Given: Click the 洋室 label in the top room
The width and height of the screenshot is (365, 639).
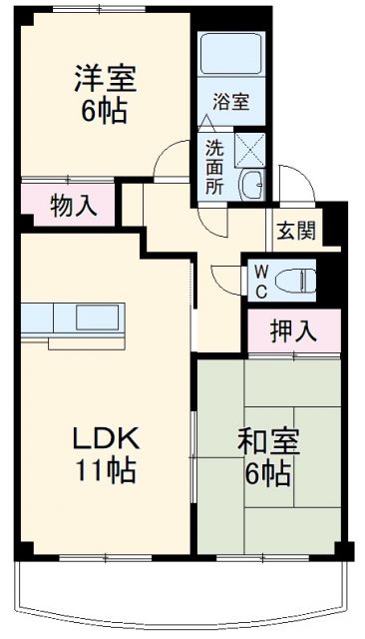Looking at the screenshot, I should click(103, 77).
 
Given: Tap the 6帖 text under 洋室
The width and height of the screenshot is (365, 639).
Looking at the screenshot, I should click(103, 111).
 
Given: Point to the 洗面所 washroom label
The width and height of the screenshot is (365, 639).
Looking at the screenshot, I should click(214, 166).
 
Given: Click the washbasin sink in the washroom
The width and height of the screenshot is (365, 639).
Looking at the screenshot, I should click(253, 184).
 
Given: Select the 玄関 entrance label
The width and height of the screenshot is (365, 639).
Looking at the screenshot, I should click(296, 232).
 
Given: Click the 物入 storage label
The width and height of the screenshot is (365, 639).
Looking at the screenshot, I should click(72, 207).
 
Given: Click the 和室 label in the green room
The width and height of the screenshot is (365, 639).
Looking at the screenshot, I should click(269, 440).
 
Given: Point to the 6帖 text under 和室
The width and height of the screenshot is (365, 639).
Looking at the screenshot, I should click(269, 472).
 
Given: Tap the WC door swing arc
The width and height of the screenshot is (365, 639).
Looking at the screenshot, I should click(225, 281).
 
